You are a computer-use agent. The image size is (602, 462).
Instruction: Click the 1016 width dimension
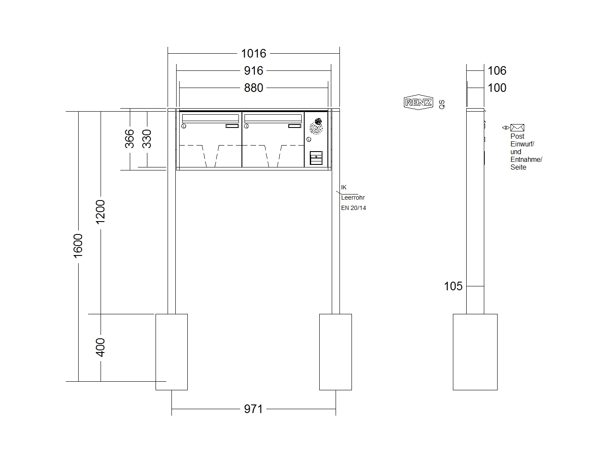click(254, 53)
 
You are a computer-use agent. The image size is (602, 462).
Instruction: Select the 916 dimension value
click(254, 70)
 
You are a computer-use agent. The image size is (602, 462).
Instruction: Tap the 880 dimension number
click(254, 88)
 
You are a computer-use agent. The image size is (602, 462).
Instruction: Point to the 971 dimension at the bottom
click(253, 409)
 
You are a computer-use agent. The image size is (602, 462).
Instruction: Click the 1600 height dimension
click(78, 246)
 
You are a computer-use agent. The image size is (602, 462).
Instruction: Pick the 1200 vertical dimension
click(100, 212)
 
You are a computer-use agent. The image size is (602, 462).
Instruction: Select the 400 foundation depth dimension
click(100, 347)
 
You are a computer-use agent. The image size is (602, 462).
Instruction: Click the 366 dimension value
click(129, 139)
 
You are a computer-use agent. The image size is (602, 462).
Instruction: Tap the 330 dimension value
click(147, 139)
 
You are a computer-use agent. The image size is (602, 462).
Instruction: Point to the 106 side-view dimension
click(497, 70)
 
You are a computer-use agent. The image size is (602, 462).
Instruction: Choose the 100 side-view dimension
click(497, 88)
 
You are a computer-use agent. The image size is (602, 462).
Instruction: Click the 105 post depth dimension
click(453, 286)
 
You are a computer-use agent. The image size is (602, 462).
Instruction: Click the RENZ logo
click(419, 102)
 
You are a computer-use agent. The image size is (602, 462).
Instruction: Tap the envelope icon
click(517, 128)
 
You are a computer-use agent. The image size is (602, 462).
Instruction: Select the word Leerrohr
click(353, 198)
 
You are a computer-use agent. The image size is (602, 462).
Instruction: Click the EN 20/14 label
click(354, 208)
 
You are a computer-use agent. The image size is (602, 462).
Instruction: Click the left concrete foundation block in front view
click(171, 352)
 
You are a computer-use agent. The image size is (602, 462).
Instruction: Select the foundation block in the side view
click(475, 352)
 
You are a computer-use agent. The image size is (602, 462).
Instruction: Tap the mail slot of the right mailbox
click(273, 119)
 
